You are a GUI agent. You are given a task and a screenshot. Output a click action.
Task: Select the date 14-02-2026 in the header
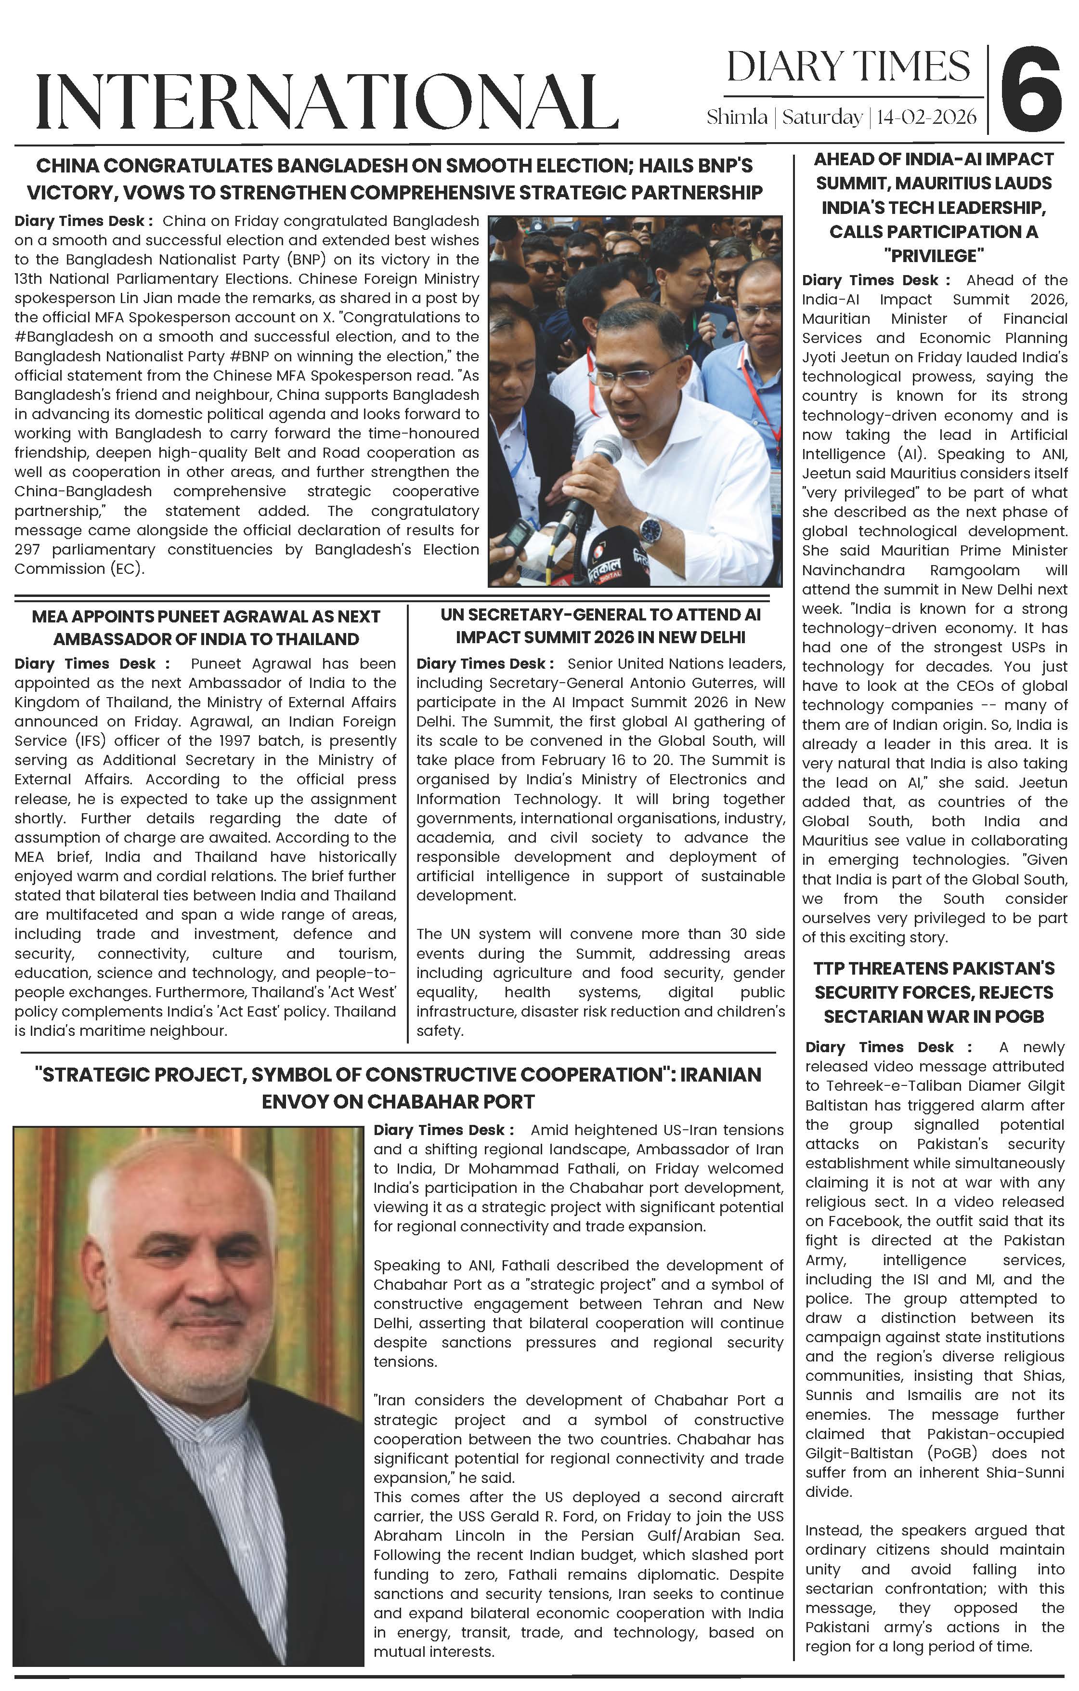tap(926, 117)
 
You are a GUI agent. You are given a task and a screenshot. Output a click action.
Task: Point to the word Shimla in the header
tap(736, 117)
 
